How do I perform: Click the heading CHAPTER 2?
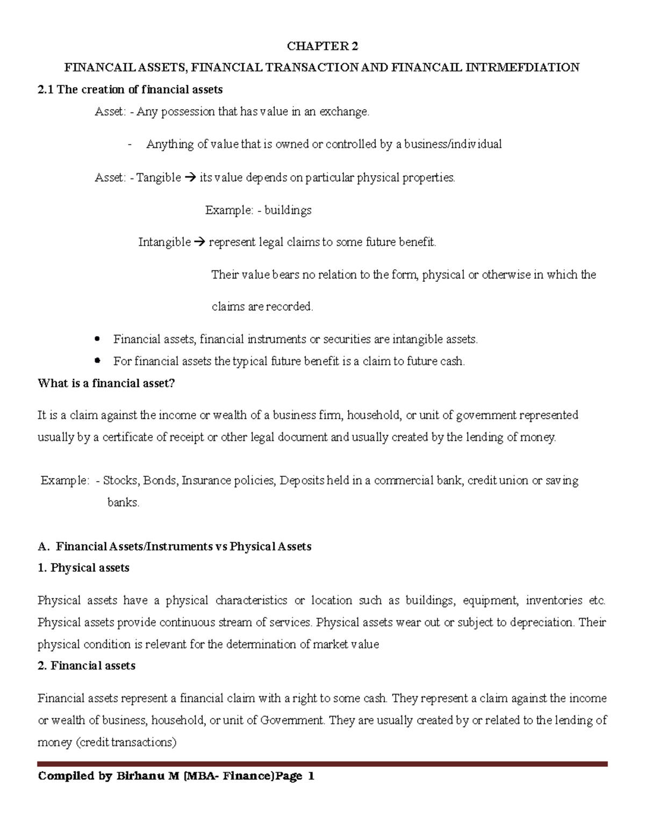coord(322,46)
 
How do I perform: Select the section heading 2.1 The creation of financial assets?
coord(130,90)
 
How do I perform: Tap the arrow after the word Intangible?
coord(199,242)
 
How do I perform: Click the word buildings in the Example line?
coord(288,210)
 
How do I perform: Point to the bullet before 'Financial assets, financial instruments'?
coord(97,339)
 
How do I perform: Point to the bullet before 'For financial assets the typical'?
coord(97,361)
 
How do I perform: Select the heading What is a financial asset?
coord(106,383)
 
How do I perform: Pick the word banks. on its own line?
coord(124,503)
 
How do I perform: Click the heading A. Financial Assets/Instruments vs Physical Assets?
coord(175,547)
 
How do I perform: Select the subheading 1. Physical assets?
coord(84,568)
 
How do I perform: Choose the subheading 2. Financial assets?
coord(87,666)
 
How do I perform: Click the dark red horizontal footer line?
coord(322,763)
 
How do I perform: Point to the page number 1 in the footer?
coord(311,777)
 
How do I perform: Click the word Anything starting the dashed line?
coord(170,145)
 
